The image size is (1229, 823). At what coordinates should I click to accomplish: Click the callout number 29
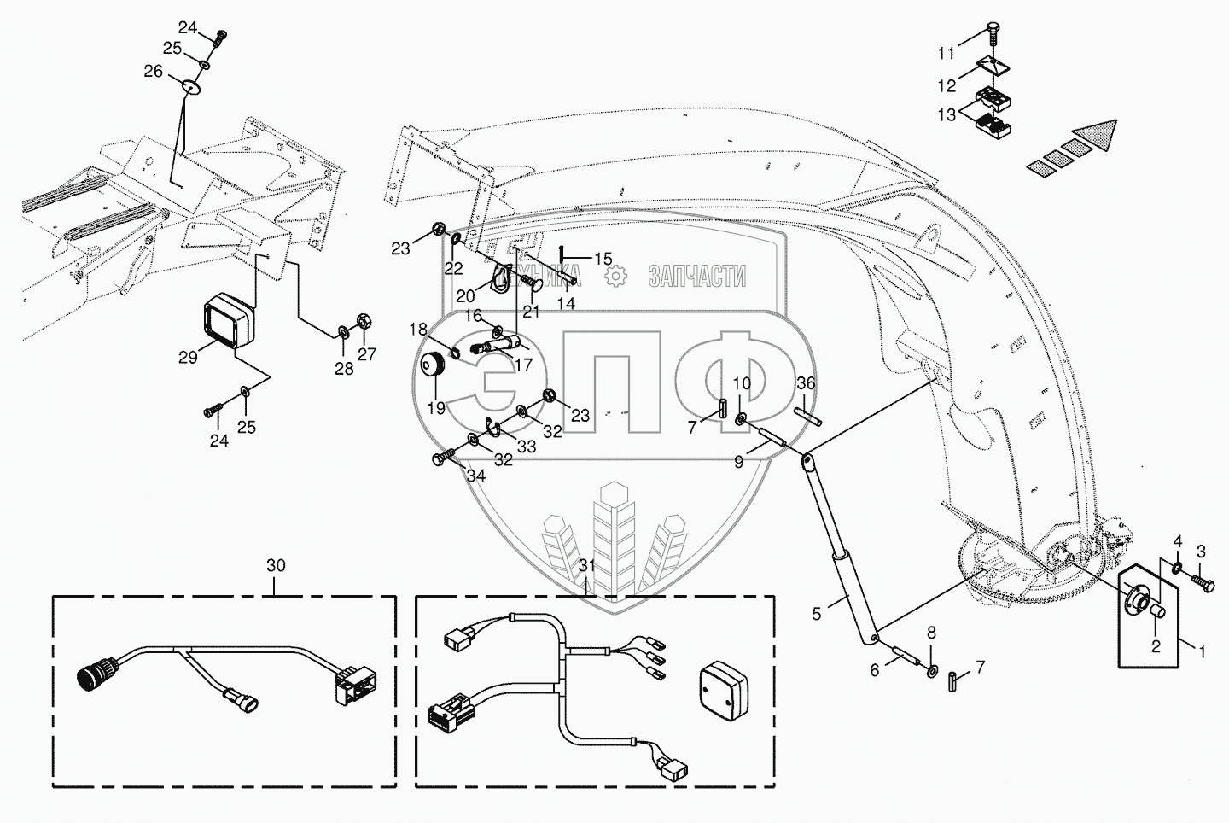(188, 356)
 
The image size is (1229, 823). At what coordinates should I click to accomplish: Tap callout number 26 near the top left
(153, 72)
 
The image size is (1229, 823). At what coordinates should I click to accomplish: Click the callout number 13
(947, 114)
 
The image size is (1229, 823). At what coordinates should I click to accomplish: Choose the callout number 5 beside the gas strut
(817, 612)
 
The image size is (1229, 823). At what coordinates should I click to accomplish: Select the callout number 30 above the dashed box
(276, 565)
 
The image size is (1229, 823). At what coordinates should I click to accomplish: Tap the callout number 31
(586, 565)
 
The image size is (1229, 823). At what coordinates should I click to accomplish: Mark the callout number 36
(807, 384)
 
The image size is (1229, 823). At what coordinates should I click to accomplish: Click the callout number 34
(476, 476)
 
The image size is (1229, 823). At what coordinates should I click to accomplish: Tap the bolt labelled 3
(1203, 585)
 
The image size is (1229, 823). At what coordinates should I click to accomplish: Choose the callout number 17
(523, 364)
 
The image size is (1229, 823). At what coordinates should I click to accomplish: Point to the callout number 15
(603, 258)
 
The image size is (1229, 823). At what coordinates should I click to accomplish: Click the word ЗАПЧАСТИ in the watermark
(697, 277)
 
